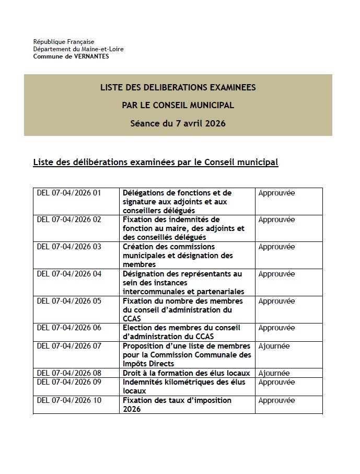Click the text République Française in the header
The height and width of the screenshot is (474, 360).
point(64,41)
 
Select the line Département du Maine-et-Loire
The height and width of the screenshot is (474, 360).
point(78,49)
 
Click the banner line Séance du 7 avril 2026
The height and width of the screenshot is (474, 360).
point(178,124)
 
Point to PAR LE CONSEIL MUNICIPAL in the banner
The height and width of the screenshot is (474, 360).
point(178,106)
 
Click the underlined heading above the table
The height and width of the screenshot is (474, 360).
point(155,162)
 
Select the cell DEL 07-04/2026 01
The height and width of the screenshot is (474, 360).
point(69,193)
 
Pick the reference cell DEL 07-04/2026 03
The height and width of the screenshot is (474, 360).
point(69,247)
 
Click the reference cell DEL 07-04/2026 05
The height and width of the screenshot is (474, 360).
point(69,301)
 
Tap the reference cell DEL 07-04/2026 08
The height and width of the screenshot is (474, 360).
point(69,373)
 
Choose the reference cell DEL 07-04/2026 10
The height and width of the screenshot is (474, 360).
point(69,400)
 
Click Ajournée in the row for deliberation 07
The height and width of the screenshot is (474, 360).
point(274,346)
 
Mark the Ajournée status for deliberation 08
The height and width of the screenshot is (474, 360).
point(274,373)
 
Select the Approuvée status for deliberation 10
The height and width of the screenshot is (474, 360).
point(276,400)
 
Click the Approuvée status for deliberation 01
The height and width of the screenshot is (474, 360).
point(276,193)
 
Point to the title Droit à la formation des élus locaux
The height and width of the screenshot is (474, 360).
point(186,373)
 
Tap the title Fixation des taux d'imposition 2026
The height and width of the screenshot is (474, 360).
point(177,405)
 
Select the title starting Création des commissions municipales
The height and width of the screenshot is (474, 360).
point(178,256)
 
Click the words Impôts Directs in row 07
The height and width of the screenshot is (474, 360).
point(148,364)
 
